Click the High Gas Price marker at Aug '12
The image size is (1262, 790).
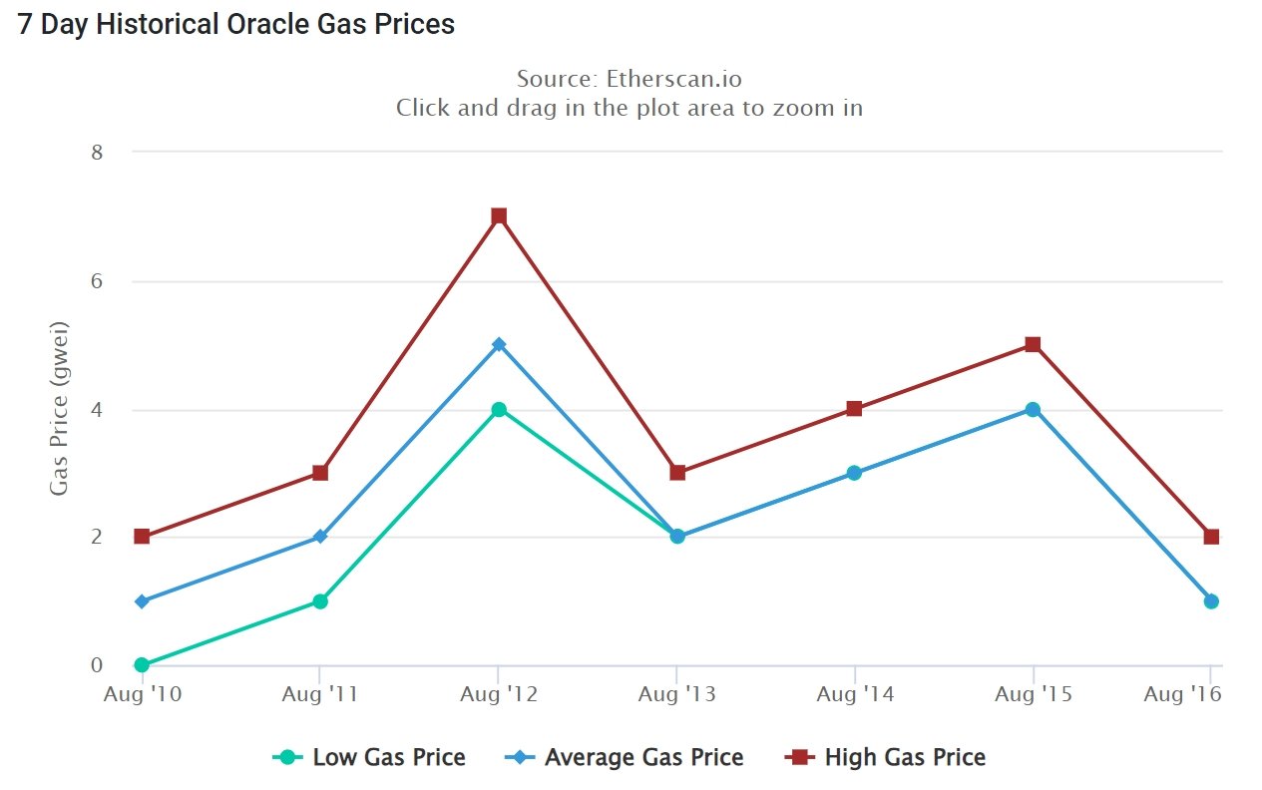click(499, 216)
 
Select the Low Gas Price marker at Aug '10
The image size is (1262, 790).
click(142, 664)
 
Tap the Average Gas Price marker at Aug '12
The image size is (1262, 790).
click(499, 345)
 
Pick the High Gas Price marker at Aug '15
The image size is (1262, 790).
click(1033, 345)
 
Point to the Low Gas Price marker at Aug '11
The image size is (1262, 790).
click(320, 601)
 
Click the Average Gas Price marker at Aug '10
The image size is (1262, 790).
click(142, 601)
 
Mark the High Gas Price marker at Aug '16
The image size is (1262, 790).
click(1211, 537)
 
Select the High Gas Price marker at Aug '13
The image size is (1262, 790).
click(677, 473)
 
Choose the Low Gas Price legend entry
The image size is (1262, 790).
click(369, 758)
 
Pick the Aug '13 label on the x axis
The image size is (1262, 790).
click(676, 694)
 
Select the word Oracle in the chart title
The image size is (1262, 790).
click(257, 24)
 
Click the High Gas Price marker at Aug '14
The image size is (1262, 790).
click(854, 409)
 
